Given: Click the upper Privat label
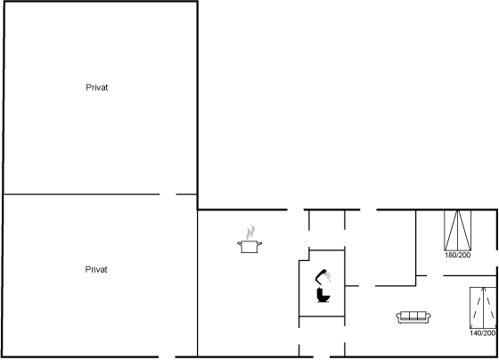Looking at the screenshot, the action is [97, 87].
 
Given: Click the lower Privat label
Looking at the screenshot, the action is [96, 270].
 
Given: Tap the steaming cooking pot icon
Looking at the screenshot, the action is [250, 240].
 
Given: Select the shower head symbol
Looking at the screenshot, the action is [323, 276].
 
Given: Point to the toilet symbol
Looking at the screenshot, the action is [323, 295].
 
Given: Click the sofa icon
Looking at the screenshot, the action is [413, 317].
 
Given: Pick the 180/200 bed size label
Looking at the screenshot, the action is [457, 255].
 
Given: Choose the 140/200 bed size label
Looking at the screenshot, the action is [482, 333].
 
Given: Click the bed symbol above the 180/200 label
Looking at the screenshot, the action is [458, 230].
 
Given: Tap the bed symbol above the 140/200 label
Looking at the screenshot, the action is [483, 307].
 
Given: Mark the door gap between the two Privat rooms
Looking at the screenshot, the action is [168, 194].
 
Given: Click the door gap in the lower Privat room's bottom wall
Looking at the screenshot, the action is [167, 356].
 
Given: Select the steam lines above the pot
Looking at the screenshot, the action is [250, 233].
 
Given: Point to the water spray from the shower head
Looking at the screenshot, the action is [328, 276].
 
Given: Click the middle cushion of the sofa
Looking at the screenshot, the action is [413, 315].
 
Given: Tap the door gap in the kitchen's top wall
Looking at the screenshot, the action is [296, 209].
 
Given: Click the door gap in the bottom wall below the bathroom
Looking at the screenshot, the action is [322, 356].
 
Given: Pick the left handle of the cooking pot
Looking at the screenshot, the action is [239, 243].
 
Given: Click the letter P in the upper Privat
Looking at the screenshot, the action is [88, 87].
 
